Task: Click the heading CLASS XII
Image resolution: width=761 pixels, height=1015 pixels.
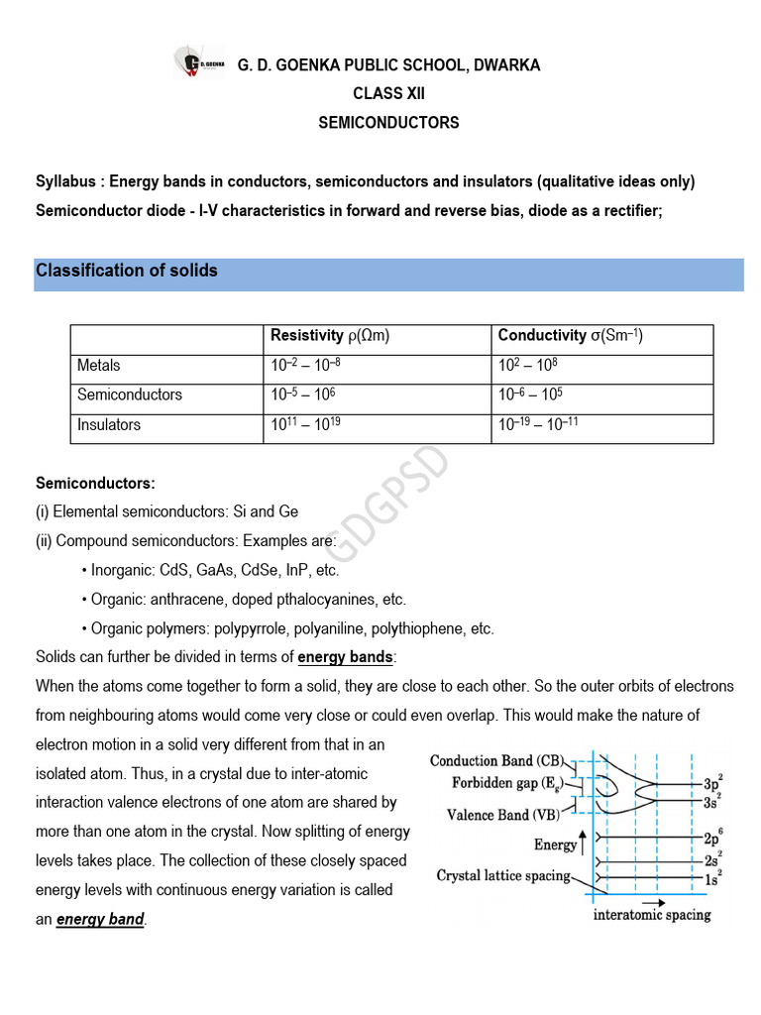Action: (388, 94)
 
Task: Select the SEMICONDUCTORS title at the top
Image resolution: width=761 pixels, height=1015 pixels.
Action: (388, 123)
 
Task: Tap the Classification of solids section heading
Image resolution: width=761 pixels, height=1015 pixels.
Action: (127, 271)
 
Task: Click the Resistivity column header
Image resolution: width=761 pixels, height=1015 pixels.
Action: (330, 336)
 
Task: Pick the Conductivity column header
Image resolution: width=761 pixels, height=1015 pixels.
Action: (570, 336)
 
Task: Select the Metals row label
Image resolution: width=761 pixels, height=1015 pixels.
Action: (99, 366)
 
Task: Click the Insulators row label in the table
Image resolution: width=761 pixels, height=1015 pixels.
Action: (109, 425)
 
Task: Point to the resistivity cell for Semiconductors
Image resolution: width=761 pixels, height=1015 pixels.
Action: (303, 395)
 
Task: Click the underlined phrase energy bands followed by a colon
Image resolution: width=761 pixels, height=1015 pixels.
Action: (346, 657)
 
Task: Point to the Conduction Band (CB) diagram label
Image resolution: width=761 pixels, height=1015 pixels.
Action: (496, 761)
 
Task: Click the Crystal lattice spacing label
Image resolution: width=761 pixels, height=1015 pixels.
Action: (503, 876)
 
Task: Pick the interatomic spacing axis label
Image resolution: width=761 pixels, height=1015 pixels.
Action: (652, 915)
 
